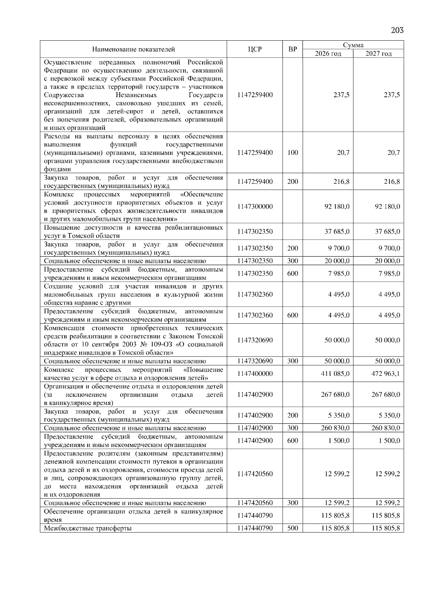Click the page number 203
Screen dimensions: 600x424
tap(397, 30)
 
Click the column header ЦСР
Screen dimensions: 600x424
tap(255, 49)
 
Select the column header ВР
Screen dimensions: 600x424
tap(293, 49)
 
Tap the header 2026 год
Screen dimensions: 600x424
tap(328, 53)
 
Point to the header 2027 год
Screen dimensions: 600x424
tap(378, 53)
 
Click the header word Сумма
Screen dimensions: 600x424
tap(353, 45)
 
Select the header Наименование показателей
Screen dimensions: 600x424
tap(134, 49)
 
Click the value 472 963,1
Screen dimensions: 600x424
tap(385, 373)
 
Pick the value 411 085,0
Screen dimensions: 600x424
tap(335, 373)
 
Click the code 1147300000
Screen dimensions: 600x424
tap(255, 206)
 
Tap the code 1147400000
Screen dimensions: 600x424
tap(255, 373)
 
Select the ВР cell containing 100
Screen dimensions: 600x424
tap(293, 153)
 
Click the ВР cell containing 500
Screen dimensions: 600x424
tap(293, 528)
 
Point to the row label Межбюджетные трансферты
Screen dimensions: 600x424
tap(88, 528)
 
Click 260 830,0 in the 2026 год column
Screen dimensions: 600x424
tap(335, 428)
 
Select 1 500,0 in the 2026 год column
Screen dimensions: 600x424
tap(338, 441)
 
